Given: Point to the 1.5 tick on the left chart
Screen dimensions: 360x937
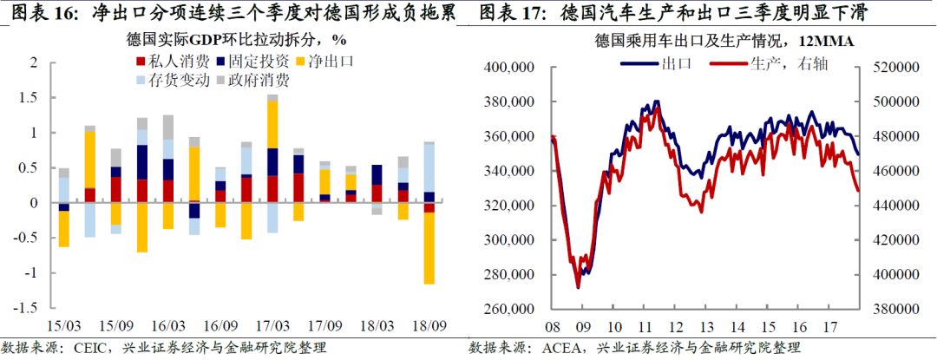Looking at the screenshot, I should pos(31,98).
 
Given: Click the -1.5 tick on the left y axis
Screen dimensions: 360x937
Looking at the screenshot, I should pos(28,308).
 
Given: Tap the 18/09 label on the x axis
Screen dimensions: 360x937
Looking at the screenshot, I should pos(432,325).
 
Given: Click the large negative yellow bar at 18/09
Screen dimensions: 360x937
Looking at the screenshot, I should pos(429,247).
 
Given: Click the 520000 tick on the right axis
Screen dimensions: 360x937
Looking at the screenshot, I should pos(894,68).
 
